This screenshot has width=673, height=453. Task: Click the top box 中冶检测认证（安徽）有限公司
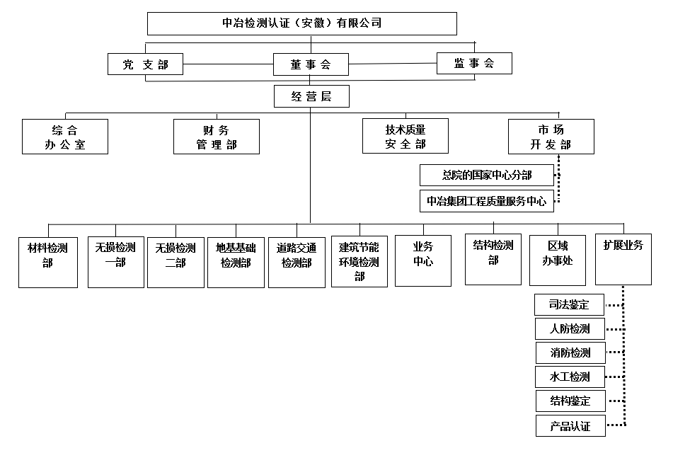301,23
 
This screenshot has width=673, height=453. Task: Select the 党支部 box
145,64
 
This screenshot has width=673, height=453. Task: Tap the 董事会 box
311,64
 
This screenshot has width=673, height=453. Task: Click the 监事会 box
474,64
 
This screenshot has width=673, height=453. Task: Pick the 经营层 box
311,96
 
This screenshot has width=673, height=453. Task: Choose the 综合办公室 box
65,137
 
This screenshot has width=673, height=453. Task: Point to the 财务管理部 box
217,137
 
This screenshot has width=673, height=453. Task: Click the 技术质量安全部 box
405,136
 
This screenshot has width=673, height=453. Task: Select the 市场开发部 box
551,137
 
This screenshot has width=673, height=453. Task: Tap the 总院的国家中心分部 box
487,176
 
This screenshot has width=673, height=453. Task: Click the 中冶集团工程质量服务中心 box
487,201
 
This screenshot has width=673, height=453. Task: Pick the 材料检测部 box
48,263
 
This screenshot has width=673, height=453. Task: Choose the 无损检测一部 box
116,262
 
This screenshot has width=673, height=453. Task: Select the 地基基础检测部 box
236,263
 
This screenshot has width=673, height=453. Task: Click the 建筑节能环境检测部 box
359,261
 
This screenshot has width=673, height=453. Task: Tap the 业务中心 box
423,260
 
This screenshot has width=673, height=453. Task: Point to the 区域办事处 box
558,260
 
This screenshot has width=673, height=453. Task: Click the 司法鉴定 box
569,305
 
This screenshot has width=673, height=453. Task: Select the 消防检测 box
570,353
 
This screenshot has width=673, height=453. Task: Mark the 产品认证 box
570,425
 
